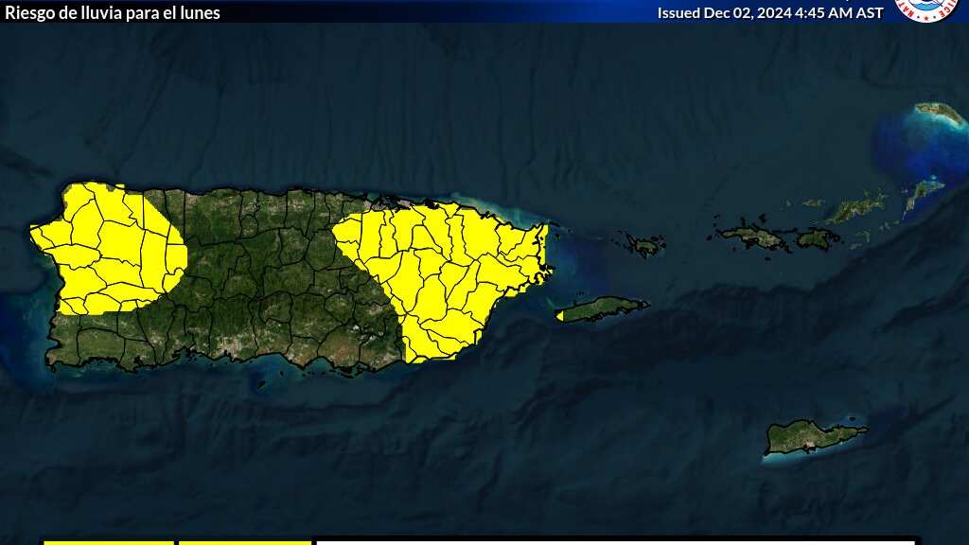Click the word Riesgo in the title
coord(28,12)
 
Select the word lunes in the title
coord(200,12)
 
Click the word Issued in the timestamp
coord(678,12)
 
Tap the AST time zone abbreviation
coord(869,12)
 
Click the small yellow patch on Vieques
coord(559,315)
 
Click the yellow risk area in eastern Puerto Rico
coord(445,274)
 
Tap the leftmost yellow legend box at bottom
coord(109,542)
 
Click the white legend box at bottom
coord(615,542)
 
